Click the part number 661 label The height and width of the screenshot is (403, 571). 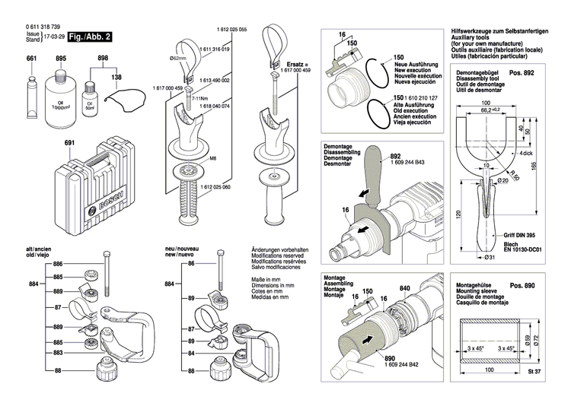31,59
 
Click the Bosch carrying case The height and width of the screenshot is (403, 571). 107,186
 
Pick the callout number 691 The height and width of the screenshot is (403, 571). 69,142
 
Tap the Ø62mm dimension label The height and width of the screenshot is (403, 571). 180,58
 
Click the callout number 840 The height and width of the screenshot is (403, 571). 404,287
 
